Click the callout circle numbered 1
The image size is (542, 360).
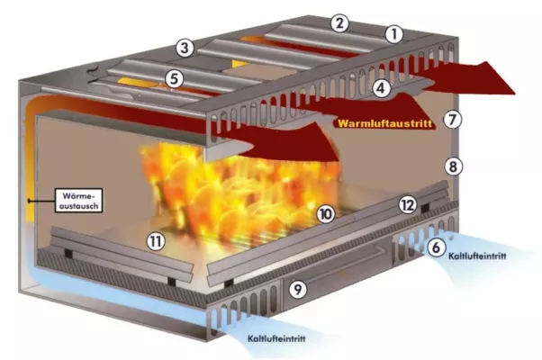[393, 35]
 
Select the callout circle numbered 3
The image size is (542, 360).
[185, 47]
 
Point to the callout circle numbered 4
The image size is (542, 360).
[382, 87]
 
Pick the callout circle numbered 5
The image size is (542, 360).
[175, 79]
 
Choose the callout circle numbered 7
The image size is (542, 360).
[454, 118]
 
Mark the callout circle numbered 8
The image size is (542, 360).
[454, 166]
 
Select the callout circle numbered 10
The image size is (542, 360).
[325, 213]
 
